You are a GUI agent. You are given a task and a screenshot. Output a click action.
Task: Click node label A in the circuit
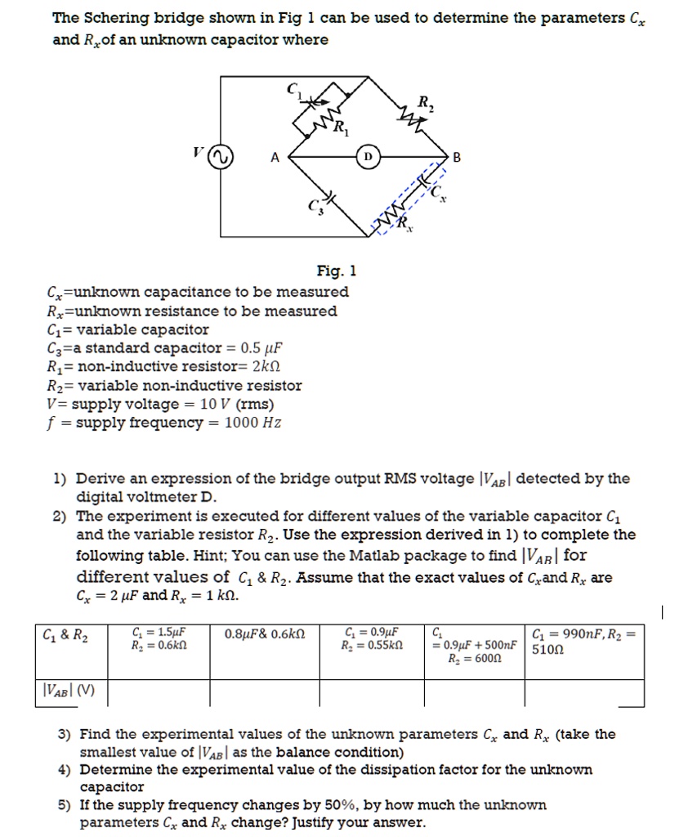click(x=275, y=159)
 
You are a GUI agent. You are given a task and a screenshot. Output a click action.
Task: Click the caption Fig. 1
click(x=336, y=271)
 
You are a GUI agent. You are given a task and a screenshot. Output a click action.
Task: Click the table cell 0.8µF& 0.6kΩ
click(x=263, y=633)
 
